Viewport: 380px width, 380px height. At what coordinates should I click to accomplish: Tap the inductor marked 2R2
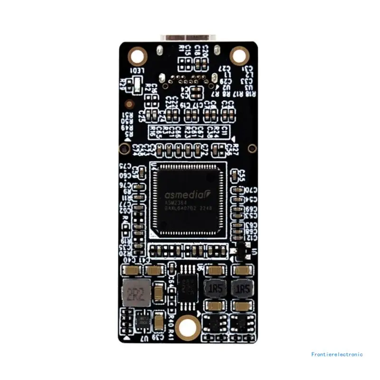pyautogui.click(x=135, y=294)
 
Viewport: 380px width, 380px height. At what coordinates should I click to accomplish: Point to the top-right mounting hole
pyautogui.click(x=239, y=56)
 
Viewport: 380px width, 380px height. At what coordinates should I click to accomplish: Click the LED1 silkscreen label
pyautogui.click(x=136, y=71)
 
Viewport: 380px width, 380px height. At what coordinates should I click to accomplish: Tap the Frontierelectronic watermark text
pyautogui.click(x=337, y=354)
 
